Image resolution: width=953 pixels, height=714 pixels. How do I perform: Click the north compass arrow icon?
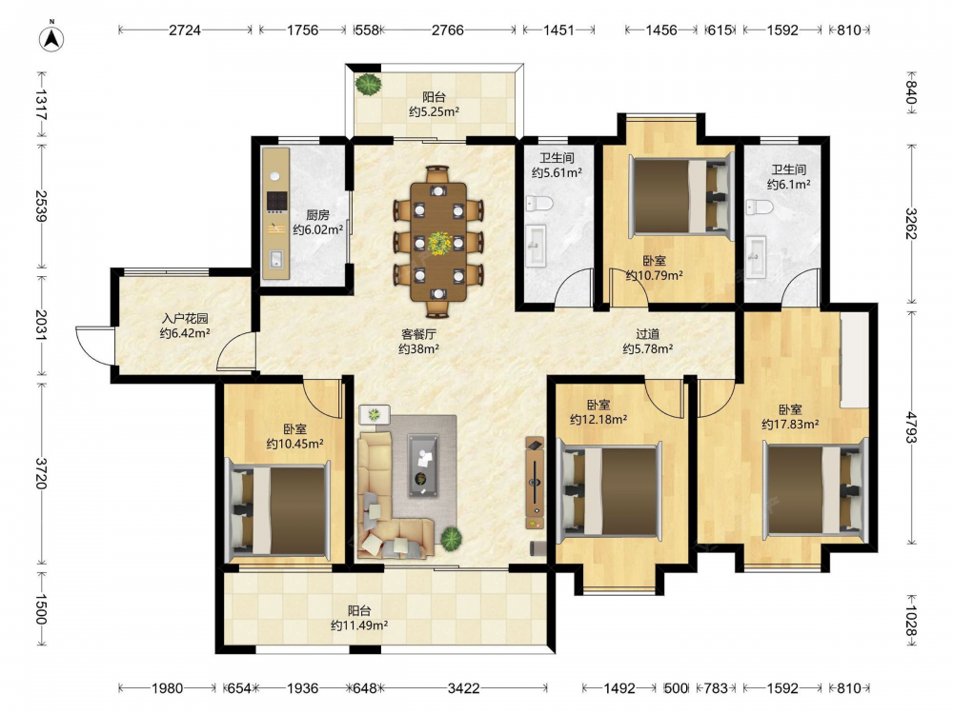tap(51, 38)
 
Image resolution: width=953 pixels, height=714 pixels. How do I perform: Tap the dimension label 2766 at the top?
tap(447, 30)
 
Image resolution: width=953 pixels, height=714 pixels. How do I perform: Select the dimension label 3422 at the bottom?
tap(463, 688)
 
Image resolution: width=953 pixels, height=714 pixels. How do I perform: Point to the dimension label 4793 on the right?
tap(911, 427)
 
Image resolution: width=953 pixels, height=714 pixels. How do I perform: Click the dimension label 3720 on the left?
tap(41, 473)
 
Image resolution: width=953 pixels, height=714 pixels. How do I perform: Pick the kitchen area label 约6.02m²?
tap(318, 230)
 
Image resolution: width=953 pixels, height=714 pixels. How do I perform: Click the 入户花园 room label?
tap(185, 318)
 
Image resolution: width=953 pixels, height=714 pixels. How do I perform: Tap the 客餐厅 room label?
tap(418, 334)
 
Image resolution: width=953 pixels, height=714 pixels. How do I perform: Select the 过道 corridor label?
tap(647, 334)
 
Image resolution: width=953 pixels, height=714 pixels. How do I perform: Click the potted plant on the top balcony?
tap(368, 84)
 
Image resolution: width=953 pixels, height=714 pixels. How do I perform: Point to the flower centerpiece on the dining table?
tap(438, 243)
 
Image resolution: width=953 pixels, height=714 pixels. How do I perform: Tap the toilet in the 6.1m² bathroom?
tap(760, 207)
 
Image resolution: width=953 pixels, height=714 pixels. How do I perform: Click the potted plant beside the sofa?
tap(451, 539)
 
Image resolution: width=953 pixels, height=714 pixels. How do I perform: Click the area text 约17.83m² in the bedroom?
tap(790, 425)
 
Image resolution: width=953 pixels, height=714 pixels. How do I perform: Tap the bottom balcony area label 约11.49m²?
tap(359, 625)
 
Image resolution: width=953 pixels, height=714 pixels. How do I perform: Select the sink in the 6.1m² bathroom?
tap(756, 257)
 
